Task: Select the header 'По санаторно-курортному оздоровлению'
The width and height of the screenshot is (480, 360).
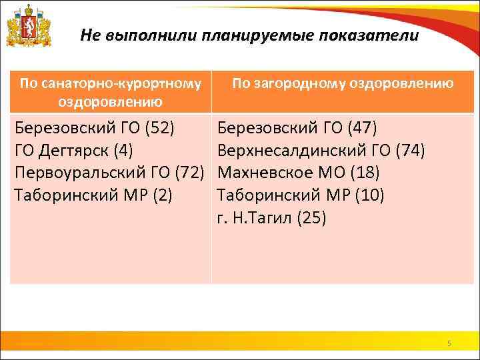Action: coord(111,92)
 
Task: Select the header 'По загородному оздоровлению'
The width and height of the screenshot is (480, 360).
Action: coord(343,83)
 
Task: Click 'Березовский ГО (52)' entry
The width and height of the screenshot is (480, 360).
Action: coord(95,127)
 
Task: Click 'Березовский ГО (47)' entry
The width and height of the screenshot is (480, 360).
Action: coord(298,127)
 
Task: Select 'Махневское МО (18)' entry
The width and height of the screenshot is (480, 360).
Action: coord(299,173)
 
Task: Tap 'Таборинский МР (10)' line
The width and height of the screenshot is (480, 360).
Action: coord(301,196)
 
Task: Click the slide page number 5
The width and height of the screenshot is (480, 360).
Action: coord(449,343)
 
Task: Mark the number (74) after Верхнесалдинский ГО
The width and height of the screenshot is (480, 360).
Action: coord(409,151)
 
